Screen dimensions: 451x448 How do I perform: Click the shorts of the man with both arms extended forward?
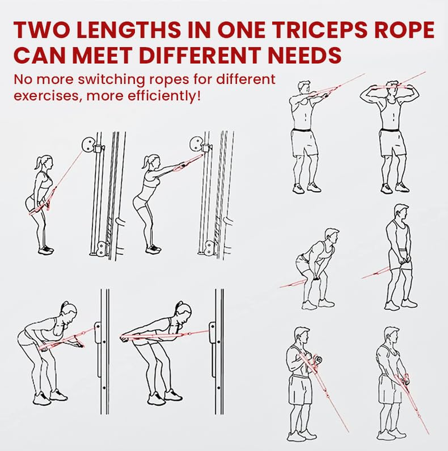click(304, 143)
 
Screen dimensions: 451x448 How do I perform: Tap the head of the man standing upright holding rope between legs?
click(401, 213)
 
